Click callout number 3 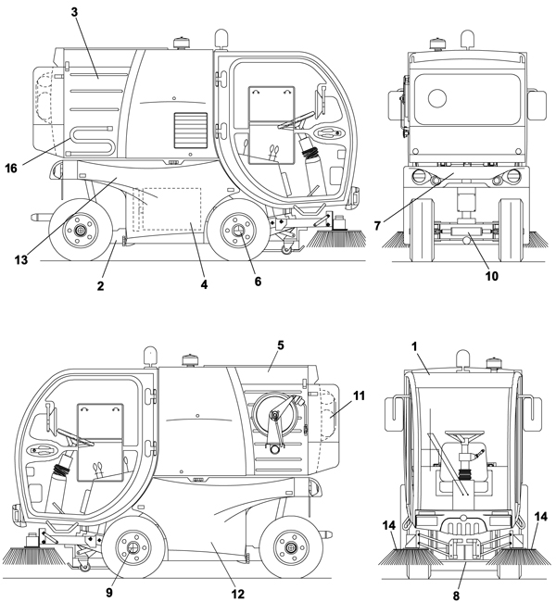[x=74, y=12]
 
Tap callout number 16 [x=11, y=168]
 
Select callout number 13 [x=21, y=260]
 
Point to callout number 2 [x=100, y=285]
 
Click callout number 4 [x=204, y=284]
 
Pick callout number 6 [x=258, y=282]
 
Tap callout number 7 [x=377, y=226]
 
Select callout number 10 [x=492, y=276]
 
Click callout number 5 [x=281, y=345]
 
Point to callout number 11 [x=359, y=395]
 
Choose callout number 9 [x=109, y=593]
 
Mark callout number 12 [x=238, y=594]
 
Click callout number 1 [x=414, y=346]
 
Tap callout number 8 [x=456, y=596]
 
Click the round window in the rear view [x=437, y=98]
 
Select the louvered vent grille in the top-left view [x=191, y=131]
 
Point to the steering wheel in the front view [x=465, y=434]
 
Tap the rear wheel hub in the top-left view [x=81, y=231]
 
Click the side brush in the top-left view [x=335, y=238]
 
